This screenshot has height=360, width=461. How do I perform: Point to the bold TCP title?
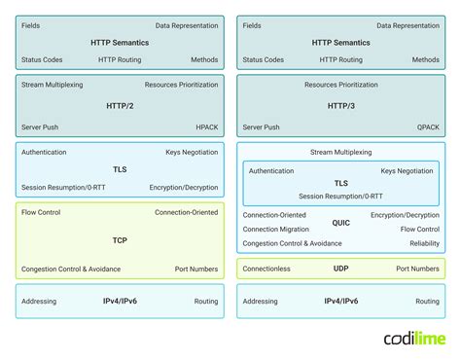tap(119, 239)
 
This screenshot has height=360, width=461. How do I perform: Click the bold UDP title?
tap(340, 269)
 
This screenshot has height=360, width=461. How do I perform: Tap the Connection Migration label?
tap(275, 230)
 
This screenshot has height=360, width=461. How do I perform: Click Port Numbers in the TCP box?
tap(198, 269)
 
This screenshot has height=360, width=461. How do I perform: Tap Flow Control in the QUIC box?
tap(419, 230)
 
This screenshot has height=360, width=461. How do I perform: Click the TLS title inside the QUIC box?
tap(340, 183)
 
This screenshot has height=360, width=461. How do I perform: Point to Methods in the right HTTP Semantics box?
tap(425, 59)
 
